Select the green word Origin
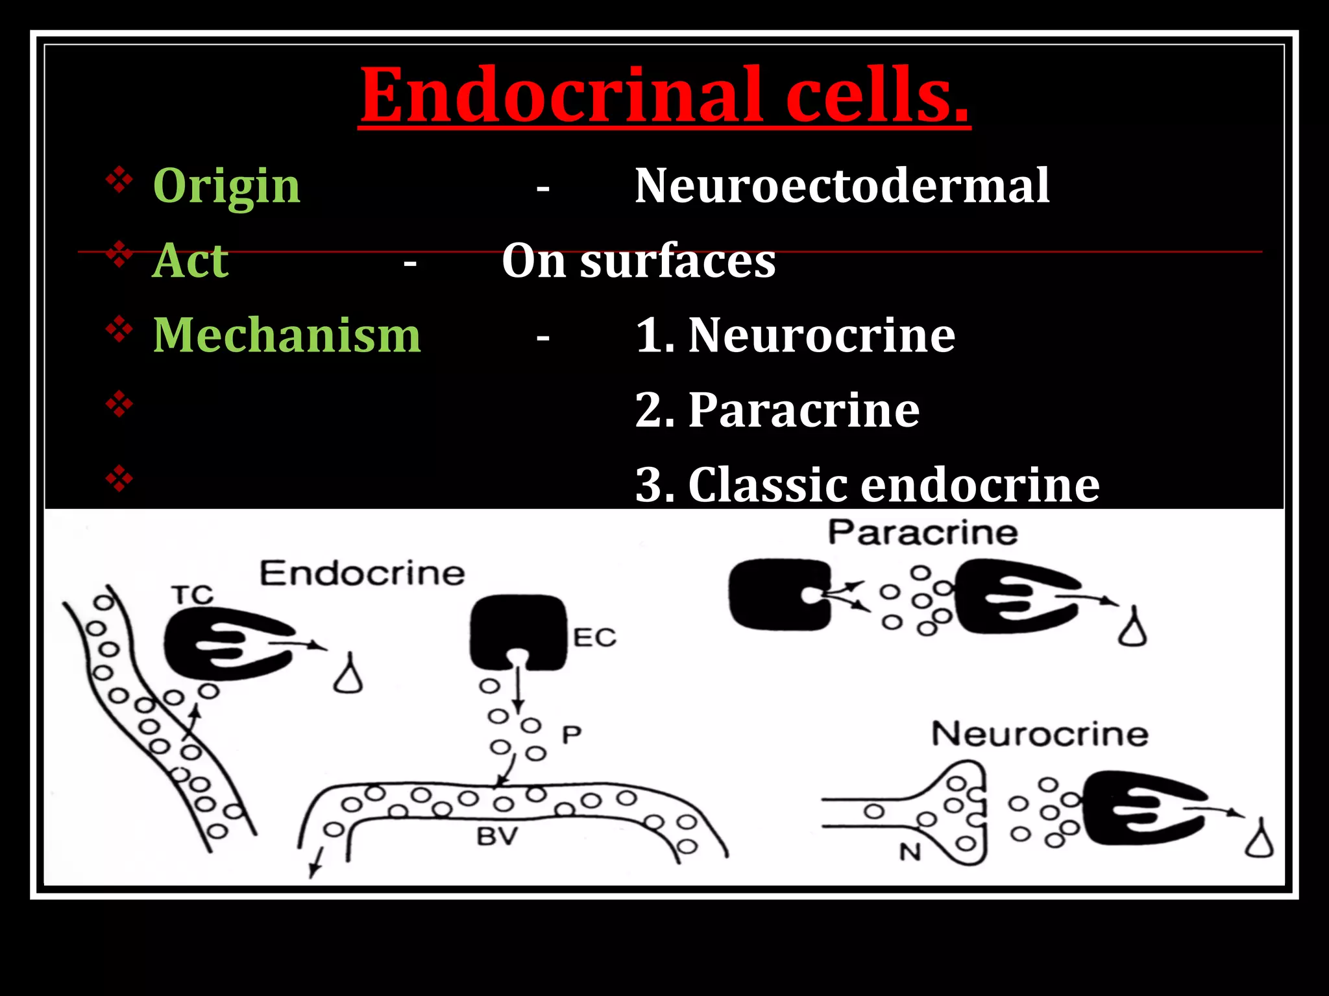coord(226,186)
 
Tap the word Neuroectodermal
coord(842,186)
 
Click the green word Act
coord(190,261)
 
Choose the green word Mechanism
coord(287,335)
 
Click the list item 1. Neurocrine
coord(795,335)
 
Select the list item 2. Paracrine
coord(777,410)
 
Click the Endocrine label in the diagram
coord(362,574)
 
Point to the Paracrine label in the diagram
coord(922,533)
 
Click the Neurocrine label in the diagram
coord(1040,735)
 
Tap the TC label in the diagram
coord(193,595)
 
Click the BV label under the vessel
coord(497,836)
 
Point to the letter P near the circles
coord(571,735)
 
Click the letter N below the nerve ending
coord(910,852)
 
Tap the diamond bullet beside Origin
coord(119,181)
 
